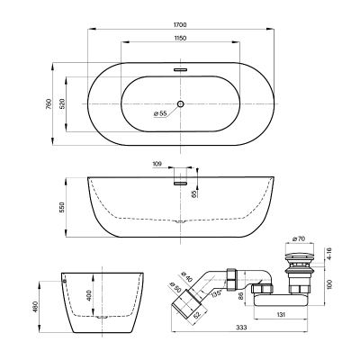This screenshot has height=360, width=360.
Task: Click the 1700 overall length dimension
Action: [x=180, y=25]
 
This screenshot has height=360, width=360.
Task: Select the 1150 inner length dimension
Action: [x=180, y=38]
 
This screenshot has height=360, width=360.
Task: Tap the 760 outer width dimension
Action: [x=49, y=103]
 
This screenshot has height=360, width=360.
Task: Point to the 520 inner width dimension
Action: [x=62, y=103]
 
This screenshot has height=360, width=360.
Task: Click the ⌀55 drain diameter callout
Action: [x=160, y=113]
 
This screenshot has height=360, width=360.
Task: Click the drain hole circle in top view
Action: [x=180, y=103]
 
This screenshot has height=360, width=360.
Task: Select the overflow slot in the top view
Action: [x=180, y=69]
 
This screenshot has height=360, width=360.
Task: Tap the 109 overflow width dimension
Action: [x=157, y=164]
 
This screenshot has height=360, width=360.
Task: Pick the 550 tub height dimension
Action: [x=62, y=207]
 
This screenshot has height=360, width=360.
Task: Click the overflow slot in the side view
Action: [x=180, y=183]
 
